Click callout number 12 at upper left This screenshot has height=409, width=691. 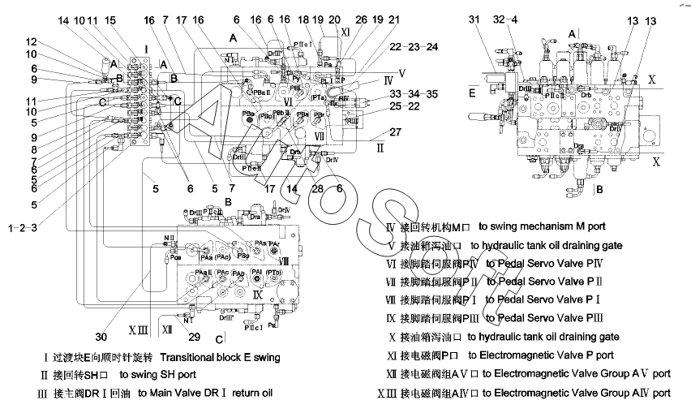point(30,41)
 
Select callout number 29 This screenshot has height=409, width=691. point(194,335)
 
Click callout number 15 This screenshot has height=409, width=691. point(110,19)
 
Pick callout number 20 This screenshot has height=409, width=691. point(334,18)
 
